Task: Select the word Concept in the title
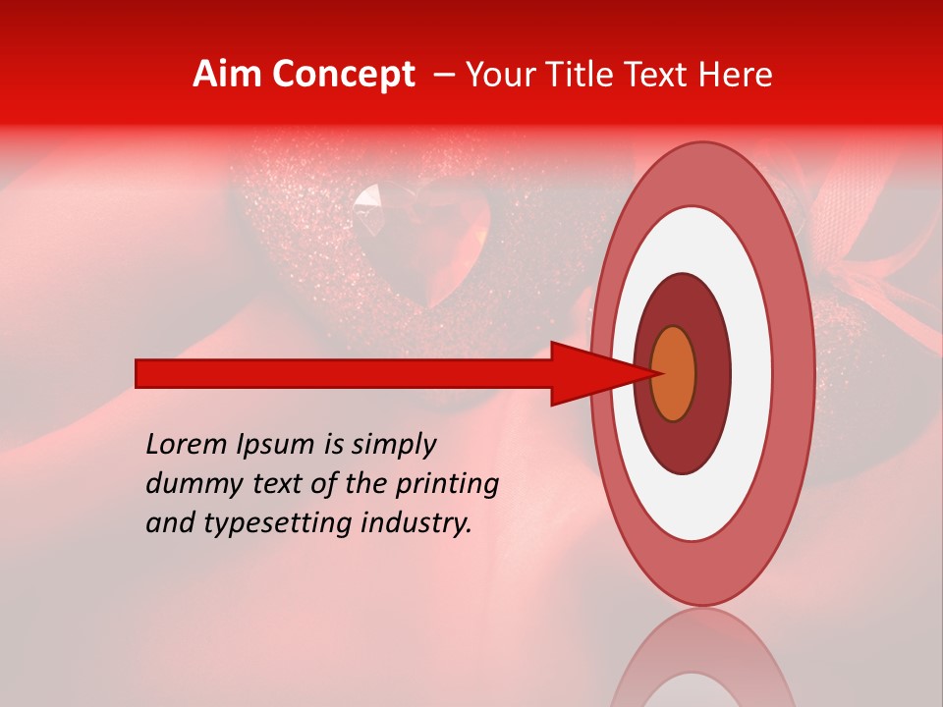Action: [x=341, y=75]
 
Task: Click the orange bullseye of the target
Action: [x=674, y=373]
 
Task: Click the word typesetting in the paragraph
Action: [x=262, y=524]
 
